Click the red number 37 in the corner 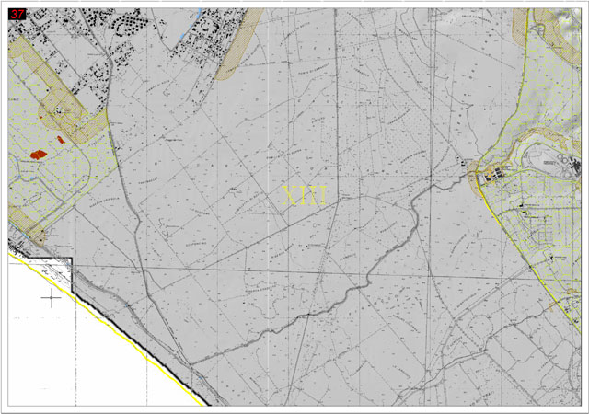click(x=18, y=13)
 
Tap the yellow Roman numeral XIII click(x=305, y=195)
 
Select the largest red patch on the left click(x=39, y=154)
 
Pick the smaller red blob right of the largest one click(x=61, y=139)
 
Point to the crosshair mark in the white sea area click(x=52, y=297)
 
